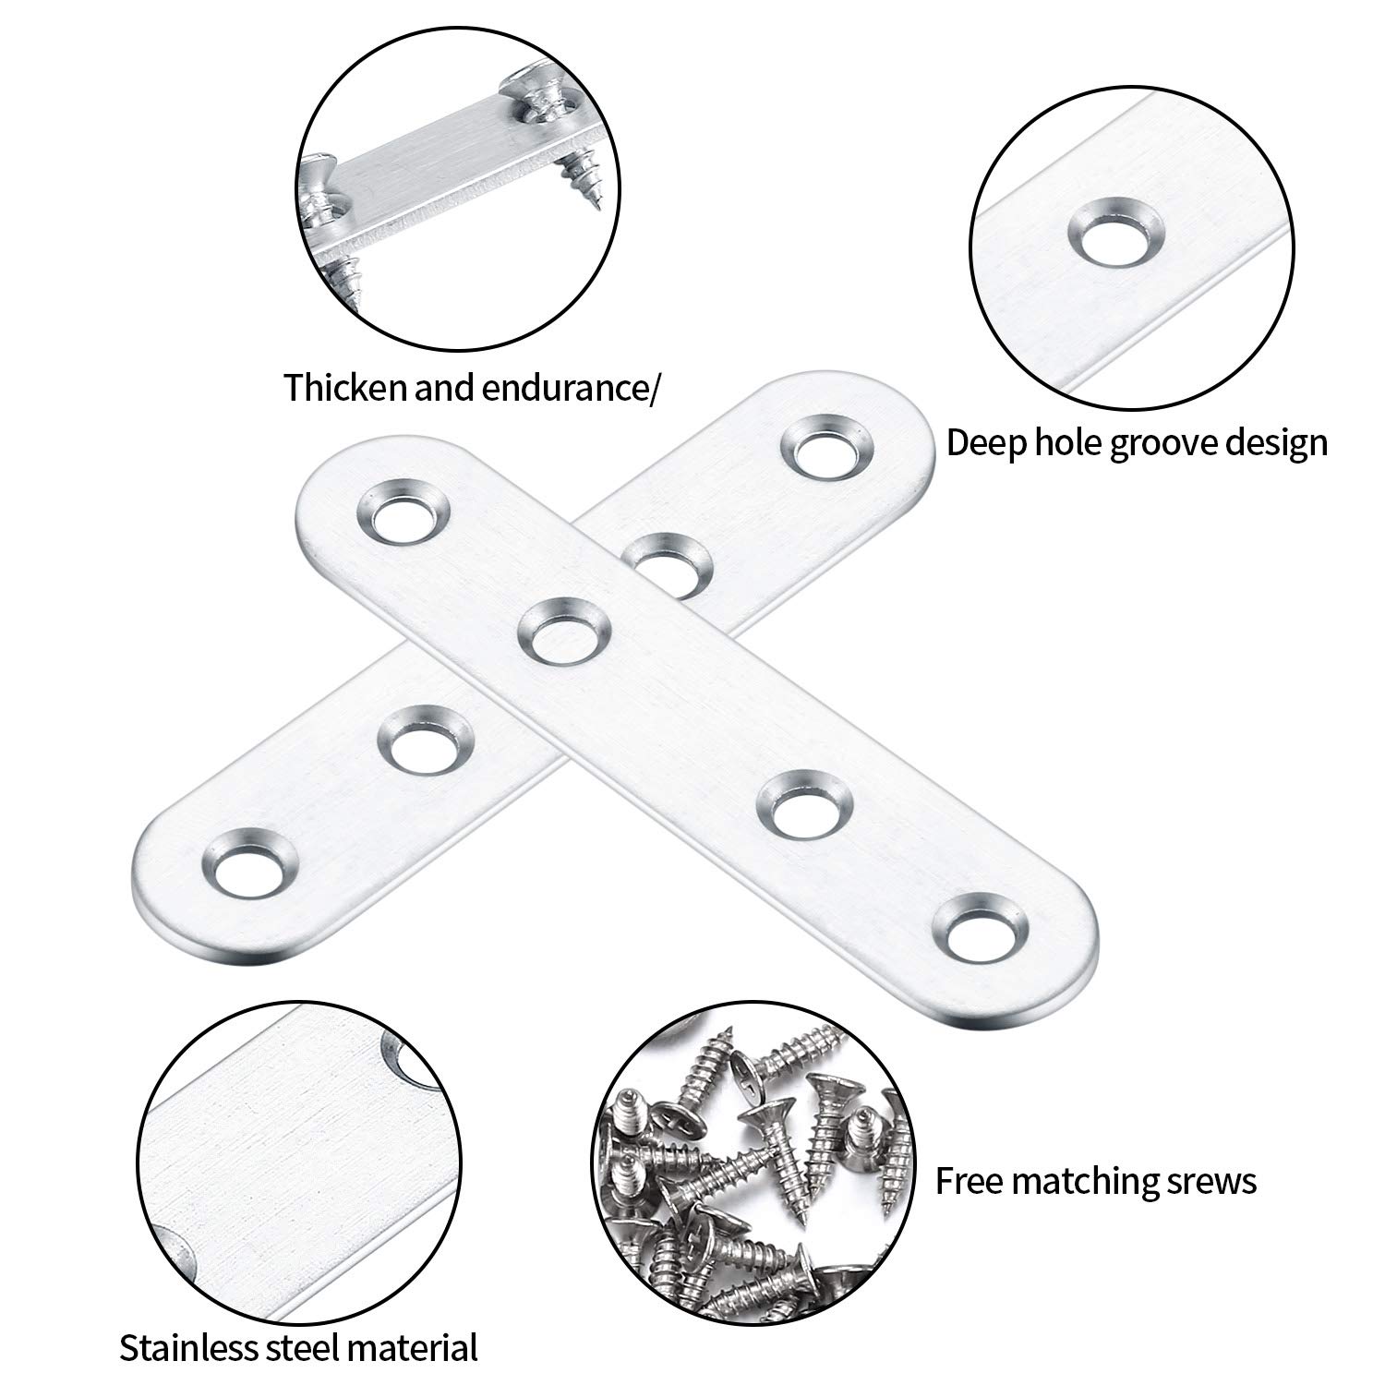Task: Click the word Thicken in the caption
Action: (x=345, y=389)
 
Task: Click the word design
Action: (x=1275, y=444)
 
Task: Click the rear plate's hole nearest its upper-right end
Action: (x=827, y=448)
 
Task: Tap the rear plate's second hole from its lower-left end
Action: (x=428, y=738)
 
